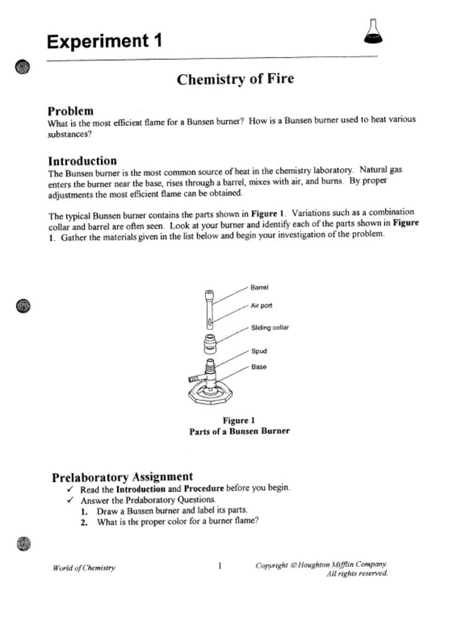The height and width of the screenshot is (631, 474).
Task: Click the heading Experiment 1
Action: pyautogui.click(x=105, y=42)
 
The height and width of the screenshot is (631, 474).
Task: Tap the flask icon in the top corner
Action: pyautogui.click(x=373, y=33)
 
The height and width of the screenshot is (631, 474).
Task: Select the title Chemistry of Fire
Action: pyautogui.click(x=235, y=79)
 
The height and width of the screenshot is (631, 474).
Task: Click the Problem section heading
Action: pyautogui.click(x=71, y=111)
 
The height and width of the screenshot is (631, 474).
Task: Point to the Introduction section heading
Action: pyautogui.click(x=82, y=161)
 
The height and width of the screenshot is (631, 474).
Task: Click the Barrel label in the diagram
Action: pyautogui.click(x=259, y=287)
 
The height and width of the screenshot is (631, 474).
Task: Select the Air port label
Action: pyautogui.click(x=261, y=306)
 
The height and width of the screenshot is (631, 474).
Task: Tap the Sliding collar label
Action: pyautogui.click(x=269, y=328)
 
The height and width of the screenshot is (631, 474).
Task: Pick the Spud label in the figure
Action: pyautogui.click(x=259, y=351)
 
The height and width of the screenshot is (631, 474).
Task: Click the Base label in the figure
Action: pyautogui.click(x=259, y=367)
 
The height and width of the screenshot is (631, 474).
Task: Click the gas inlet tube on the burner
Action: pyautogui.click(x=194, y=377)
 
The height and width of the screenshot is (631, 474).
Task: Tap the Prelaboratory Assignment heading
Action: pyautogui.click(x=122, y=477)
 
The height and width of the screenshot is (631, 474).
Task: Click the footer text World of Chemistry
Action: pyautogui.click(x=84, y=568)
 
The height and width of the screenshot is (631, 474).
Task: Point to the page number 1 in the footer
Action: pyautogui.click(x=220, y=566)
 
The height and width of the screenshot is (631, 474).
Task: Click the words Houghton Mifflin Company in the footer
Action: pyautogui.click(x=343, y=564)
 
